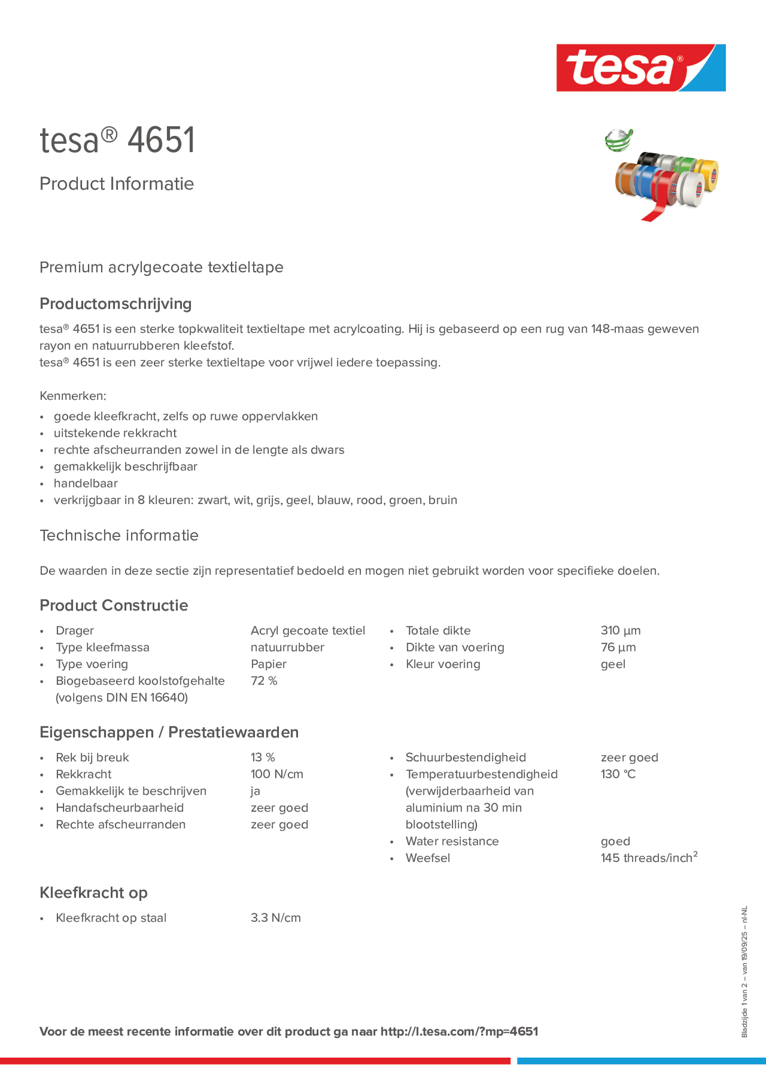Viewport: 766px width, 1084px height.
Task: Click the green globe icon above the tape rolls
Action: coord(619,140)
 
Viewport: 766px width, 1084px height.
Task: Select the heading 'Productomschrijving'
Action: coord(115,304)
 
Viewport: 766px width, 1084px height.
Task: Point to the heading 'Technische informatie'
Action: coord(119,535)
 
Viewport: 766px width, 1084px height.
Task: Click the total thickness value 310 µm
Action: coord(620,630)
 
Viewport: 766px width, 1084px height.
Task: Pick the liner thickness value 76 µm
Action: coord(618,647)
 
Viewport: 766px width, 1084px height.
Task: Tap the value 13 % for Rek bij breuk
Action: coord(263,757)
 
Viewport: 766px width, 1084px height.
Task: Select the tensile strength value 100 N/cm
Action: coord(277,774)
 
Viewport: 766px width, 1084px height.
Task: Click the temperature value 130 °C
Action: coord(618,774)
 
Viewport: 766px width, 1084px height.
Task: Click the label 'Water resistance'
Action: coord(451,841)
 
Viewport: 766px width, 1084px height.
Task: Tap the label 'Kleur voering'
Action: coord(442,664)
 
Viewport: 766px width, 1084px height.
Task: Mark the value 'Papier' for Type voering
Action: coord(268,664)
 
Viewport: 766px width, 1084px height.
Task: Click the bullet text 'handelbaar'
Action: coord(86,483)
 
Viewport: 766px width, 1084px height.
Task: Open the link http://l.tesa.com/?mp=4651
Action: coord(459,1031)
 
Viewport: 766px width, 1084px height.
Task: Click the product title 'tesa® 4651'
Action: coord(117,140)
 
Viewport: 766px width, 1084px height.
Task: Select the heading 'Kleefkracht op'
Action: coord(93,892)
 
